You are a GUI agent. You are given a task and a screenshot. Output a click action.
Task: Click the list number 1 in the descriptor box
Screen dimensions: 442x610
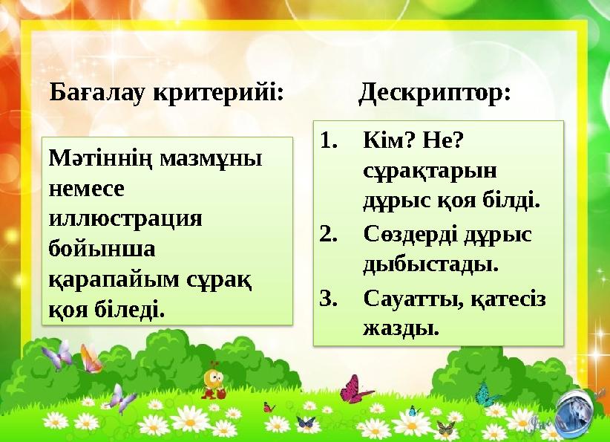coord(329,140)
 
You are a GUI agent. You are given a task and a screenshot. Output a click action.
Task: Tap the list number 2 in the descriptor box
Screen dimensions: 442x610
coord(329,234)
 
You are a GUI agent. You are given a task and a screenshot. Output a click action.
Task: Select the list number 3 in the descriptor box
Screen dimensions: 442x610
coord(329,298)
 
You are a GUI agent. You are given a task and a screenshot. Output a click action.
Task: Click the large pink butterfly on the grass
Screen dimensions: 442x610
coord(357,389)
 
